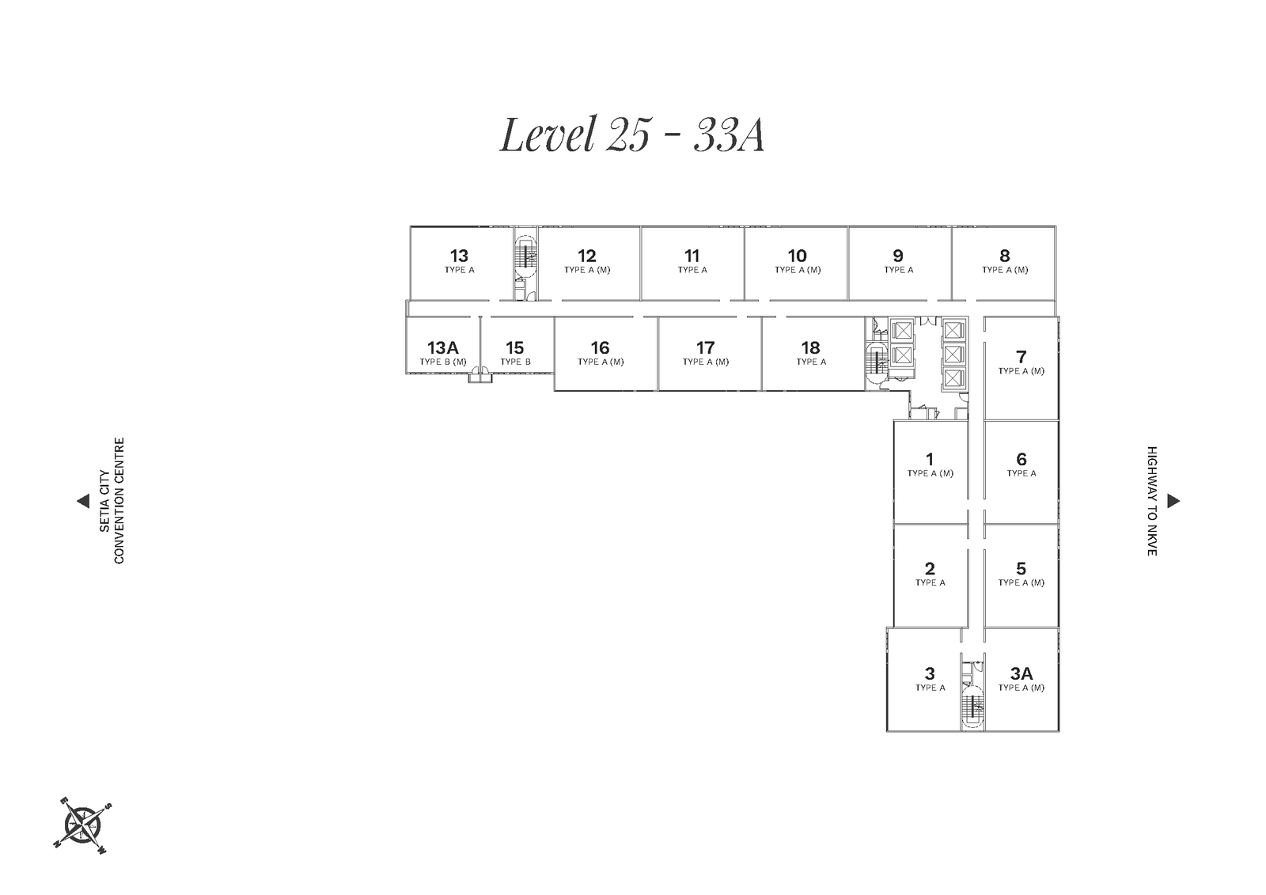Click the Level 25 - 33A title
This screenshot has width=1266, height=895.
(x=632, y=135)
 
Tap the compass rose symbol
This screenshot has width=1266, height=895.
(x=82, y=825)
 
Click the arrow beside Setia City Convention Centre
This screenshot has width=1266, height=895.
(x=83, y=501)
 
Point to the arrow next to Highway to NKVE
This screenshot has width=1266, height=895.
(x=1173, y=501)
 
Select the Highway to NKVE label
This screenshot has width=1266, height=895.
(x=1152, y=501)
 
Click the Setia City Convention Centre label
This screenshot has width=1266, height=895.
(x=112, y=501)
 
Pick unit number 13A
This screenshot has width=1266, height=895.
(x=442, y=347)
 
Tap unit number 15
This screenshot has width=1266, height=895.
(x=515, y=347)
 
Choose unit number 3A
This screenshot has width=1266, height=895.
(x=1022, y=673)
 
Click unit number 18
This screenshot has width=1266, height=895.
(x=810, y=347)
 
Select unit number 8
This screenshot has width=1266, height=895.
(x=1004, y=256)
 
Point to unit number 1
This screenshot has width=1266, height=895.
(x=930, y=459)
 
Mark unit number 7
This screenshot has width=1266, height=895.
(x=1021, y=357)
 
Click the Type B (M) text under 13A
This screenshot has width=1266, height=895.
(x=443, y=362)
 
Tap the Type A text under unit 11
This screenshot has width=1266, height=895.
(x=692, y=270)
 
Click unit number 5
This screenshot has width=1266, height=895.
(x=1021, y=568)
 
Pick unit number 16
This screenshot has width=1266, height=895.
(x=601, y=347)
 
